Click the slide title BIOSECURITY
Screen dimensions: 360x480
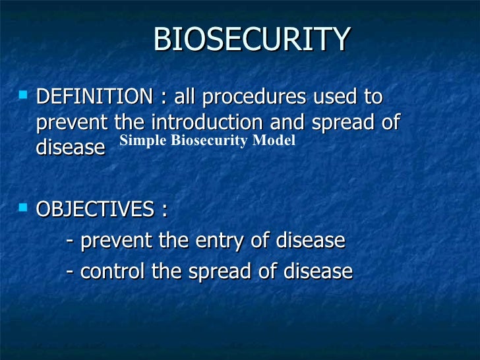[251, 40]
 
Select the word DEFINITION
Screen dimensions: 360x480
[93, 97]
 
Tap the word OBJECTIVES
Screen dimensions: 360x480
[94, 210]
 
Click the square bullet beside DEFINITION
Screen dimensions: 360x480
[24, 96]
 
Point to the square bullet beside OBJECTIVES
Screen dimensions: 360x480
[24, 208]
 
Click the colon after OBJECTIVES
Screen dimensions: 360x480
[163, 211]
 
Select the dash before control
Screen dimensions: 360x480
[71, 272]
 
